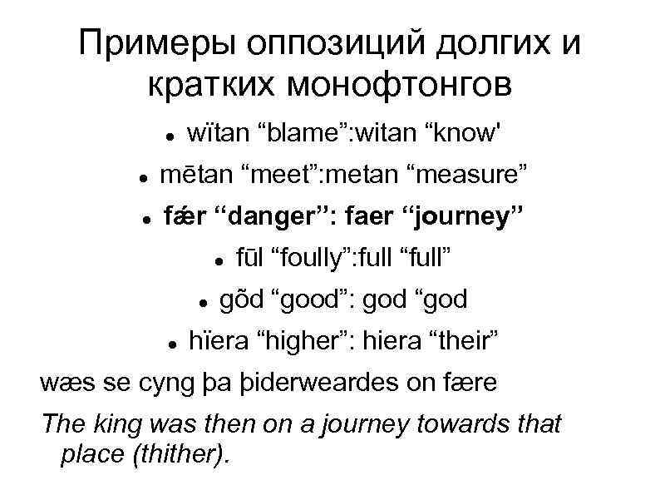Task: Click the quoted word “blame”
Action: click(x=295, y=132)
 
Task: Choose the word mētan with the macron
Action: click(x=195, y=175)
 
